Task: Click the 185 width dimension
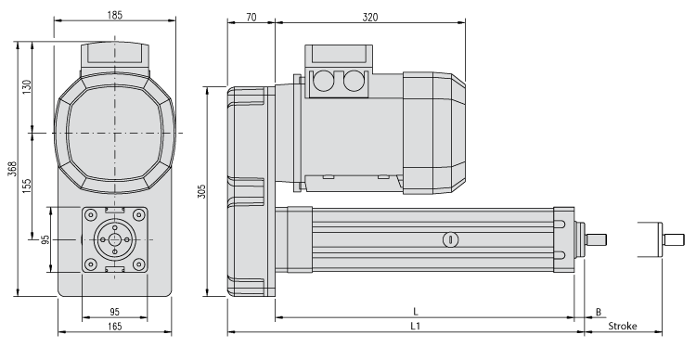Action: point(114,16)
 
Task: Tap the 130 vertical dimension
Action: point(27,86)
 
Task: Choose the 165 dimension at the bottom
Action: point(114,327)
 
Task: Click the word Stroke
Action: point(622,327)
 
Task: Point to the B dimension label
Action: point(599,312)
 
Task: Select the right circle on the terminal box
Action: point(352,83)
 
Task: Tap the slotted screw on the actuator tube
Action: point(449,239)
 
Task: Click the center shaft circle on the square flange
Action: point(114,240)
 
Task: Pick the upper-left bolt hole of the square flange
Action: point(91,216)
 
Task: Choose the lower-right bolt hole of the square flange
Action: point(138,264)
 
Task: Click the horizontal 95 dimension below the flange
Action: point(114,312)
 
